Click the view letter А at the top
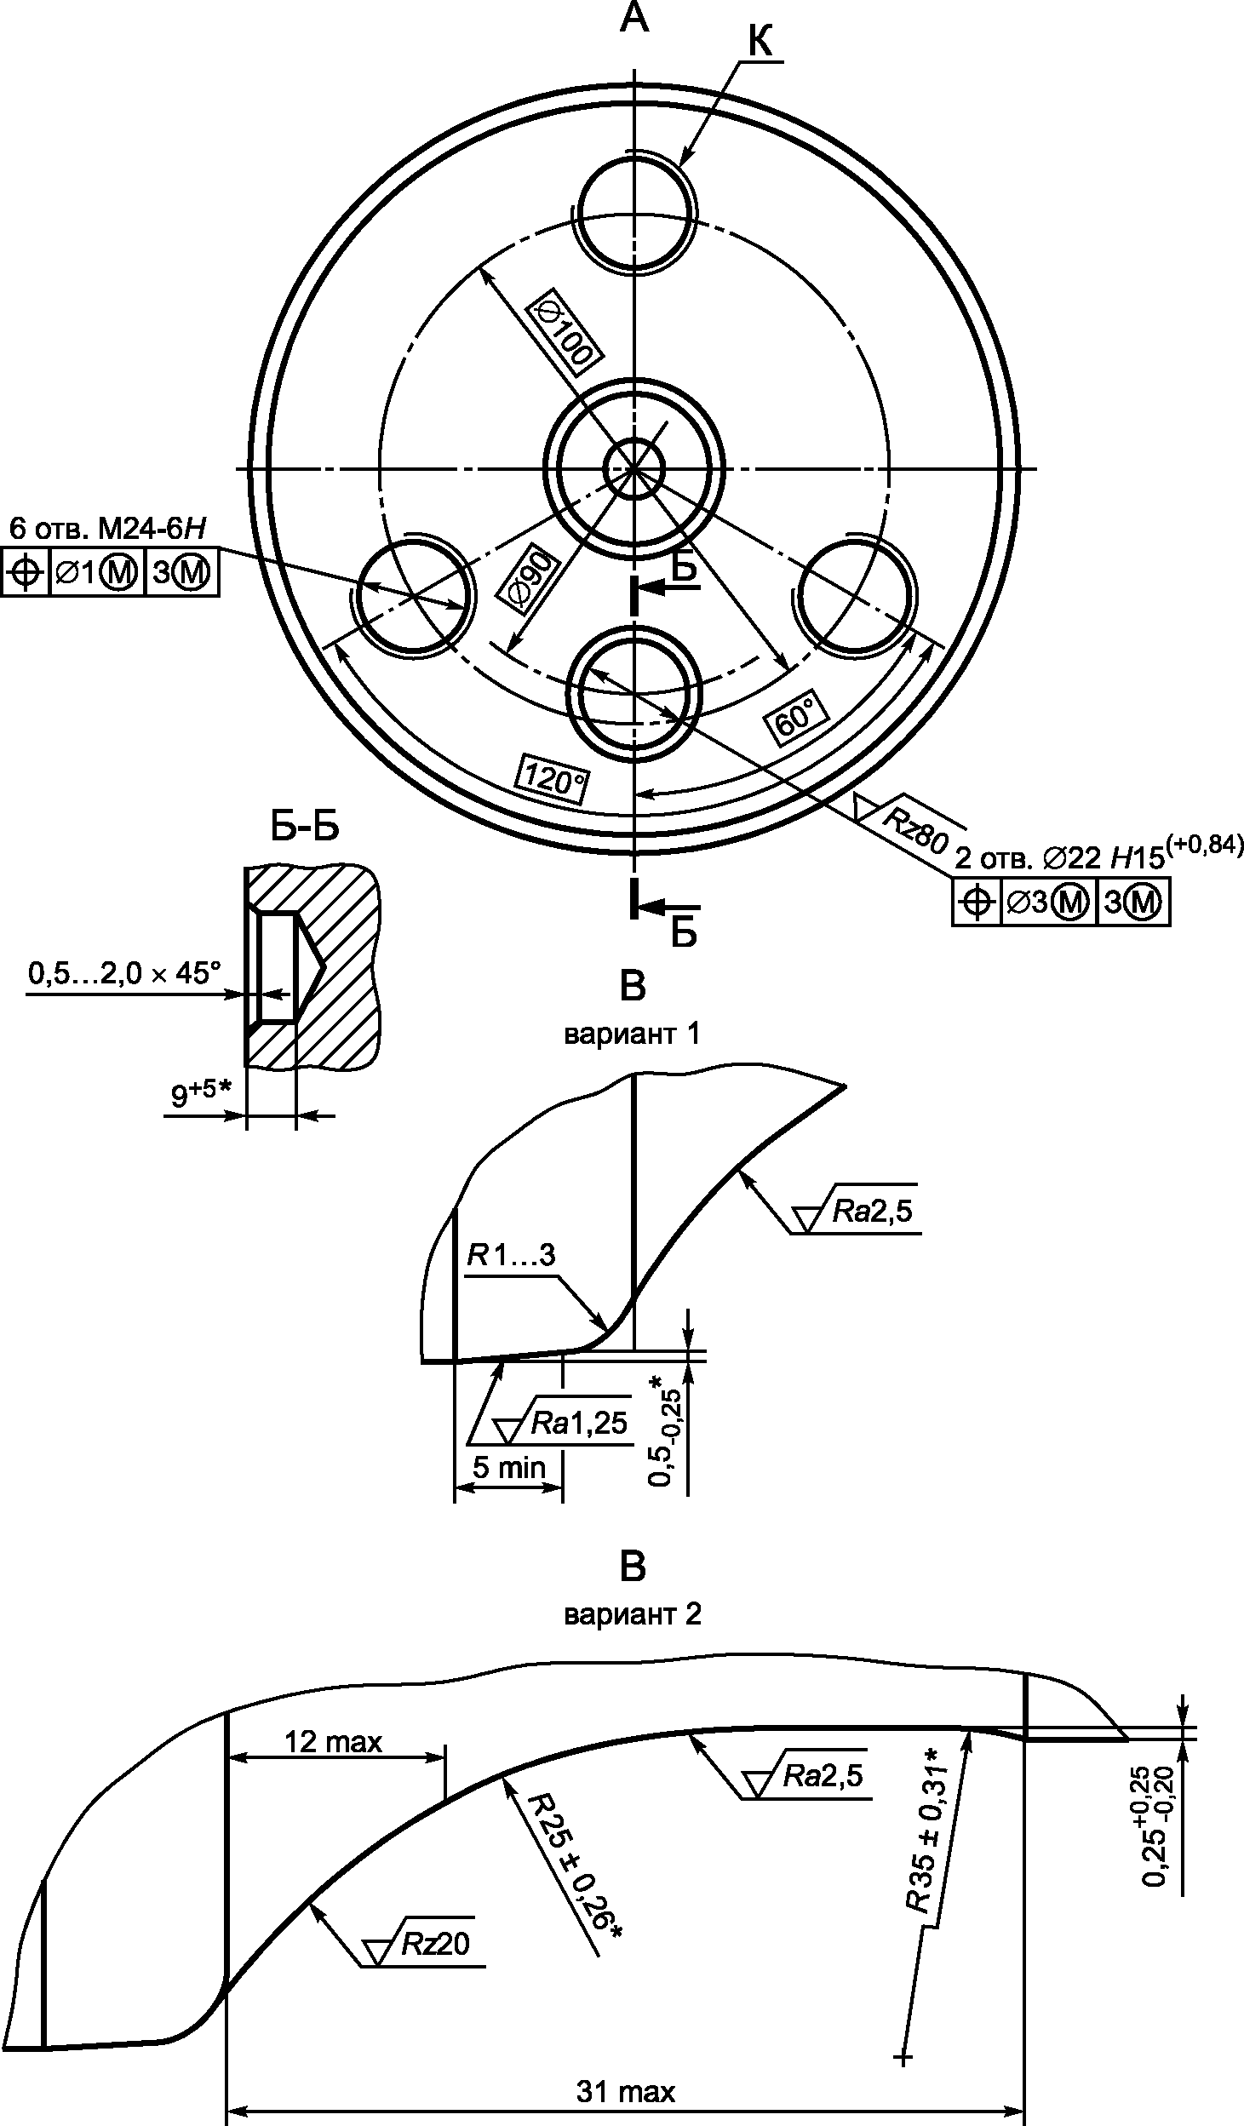tap(633, 18)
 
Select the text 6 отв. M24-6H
tap(108, 528)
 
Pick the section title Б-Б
tap(305, 826)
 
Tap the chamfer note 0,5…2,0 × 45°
tap(123, 972)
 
